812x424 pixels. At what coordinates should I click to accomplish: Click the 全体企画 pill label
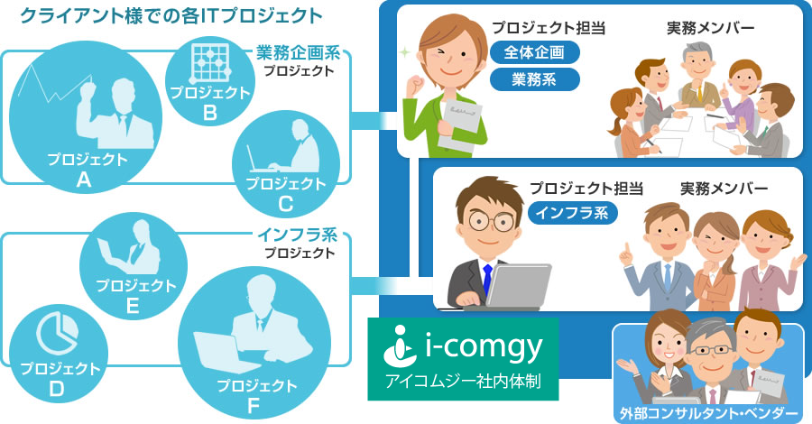click(x=534, y=52)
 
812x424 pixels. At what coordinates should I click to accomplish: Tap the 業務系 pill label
click(x=534, y=79)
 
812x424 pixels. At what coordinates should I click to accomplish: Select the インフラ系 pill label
click(x=572, y=213)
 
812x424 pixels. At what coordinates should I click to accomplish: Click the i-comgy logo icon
click(x=400, y=346)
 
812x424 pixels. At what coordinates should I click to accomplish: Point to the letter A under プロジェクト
click(x=84, y=180)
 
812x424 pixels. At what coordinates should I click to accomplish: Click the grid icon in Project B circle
click(x=209, y=63)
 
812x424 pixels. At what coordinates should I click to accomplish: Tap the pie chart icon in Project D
click(x=57, y=334)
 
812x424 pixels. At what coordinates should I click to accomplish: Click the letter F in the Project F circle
click(x=254, y=406)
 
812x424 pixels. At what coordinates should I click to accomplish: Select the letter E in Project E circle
click(x=133, y=306)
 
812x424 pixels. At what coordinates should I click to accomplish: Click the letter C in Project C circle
click(x=286, y=205)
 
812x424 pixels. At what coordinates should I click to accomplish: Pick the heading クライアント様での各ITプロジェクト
click(x=171, y=16)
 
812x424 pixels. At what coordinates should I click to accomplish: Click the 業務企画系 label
click(x=299, y=53)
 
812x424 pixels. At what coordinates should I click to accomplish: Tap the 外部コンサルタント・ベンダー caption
click(x=708, y=414)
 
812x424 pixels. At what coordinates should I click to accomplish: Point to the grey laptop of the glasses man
click(x=518, y=286)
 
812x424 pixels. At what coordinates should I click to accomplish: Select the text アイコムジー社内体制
click(x=463, y=382)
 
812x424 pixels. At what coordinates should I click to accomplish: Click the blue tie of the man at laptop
click(x=487, y=278)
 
